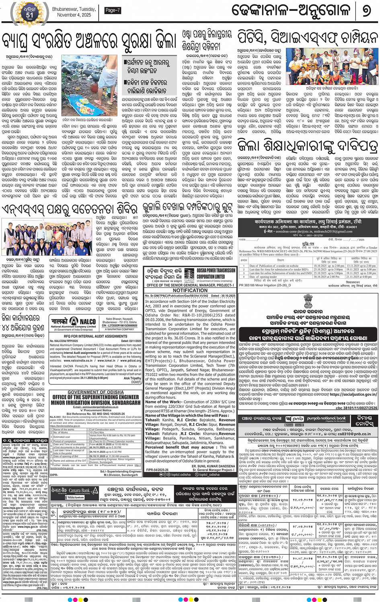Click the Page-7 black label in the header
112,10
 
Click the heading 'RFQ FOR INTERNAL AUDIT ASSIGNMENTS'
95,336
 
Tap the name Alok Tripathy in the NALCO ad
132,378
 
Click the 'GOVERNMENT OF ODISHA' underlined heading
95,392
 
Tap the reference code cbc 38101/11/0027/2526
356,408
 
